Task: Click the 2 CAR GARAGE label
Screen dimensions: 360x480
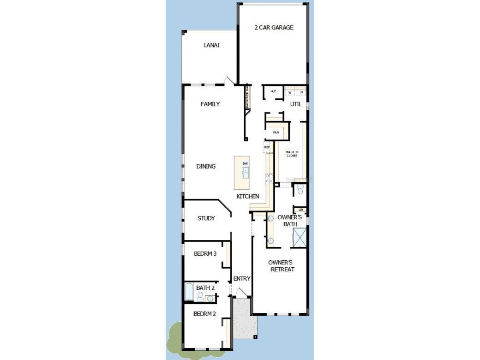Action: pyautogui.click(x=274, y=28)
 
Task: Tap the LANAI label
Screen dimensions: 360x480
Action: pyautogui.click(x=211, y=45)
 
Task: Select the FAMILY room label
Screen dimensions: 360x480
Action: pyautogui.click(x=210, y=104)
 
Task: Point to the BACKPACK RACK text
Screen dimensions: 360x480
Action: pyautogui.click(x=247, y=96)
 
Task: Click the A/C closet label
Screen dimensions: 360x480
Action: pyautogui.click(x=274, y=91)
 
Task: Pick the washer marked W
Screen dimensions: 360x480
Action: pyautogui.click(x=290, y=92)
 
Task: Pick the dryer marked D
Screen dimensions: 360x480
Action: pyautogui.click(x=301, y=92)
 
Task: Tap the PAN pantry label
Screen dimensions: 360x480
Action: pyautogui.click(x=276, y=132)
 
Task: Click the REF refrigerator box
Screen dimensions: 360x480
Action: pyautogui.click(x=267, y=148)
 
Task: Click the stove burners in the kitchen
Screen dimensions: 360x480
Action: pyautogui.click(x=269, y=178)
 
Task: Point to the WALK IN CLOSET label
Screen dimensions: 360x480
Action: pyautogui.click(x=292, y=154)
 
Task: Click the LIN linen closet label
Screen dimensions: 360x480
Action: pyautogui.click(x=300, y=210)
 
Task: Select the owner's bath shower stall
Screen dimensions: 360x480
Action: pyautogui.click(x=300, y=237)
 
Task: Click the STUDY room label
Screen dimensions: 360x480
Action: pyautogui.click(x=206, y=218)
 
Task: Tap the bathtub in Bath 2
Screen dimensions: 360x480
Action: pyautogui.click(x=189, y=292)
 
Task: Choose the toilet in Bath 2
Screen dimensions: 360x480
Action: pyautogui.click(x=200, y=296)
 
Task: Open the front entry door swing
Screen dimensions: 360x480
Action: pyautogui.click(x=240, y=292)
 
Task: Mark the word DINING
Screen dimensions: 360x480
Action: pyautogui.click(x=206, y=167)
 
